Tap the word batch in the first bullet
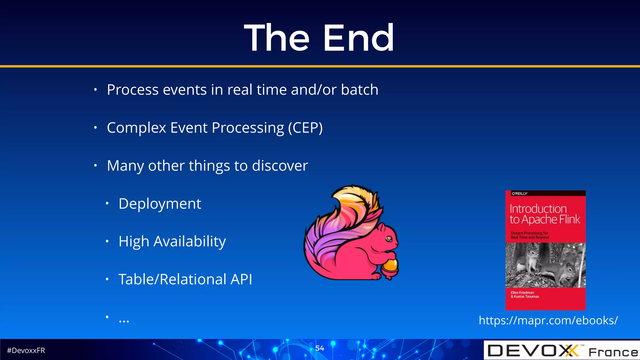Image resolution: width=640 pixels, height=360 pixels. pyautogui.click(x=359, y=90)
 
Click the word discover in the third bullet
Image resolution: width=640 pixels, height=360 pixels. pyautogui.click(x=280, y=166)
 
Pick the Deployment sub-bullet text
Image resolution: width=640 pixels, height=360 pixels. pyautogui.click(x=160, y=204)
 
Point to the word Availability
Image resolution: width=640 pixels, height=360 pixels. pyautogui.click(x=189, y=242)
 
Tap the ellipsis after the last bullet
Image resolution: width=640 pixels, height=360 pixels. pyautogui.click(x=124, y=321)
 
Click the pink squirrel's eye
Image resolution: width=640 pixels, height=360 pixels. pyautogui.click(x=389, y=239)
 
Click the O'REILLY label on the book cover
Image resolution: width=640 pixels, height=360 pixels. pyautogui.click(x=520, y=193)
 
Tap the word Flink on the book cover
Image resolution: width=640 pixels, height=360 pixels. pyautogui.click(x=569, y=219)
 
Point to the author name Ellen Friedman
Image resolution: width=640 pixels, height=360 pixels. pyautogui.click(x=522, y=292)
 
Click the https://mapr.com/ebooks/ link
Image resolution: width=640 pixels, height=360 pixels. pyautogui.click(x=548, y=320)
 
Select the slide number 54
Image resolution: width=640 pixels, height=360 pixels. pyautogui.click(x=319, y=348)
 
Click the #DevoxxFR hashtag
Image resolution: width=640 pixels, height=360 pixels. pyautogui.click(x=26, y=351)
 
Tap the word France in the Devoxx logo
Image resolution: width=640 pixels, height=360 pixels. pyautogui.click(x=613, y=352)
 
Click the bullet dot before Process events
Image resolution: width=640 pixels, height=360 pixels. pyautogui.click(x=95, y=90)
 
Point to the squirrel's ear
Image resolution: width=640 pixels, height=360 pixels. pyautogui.click(x=382, y=219)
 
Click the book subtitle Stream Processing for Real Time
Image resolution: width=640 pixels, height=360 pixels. pyautogui.click(x=529, y=235)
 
